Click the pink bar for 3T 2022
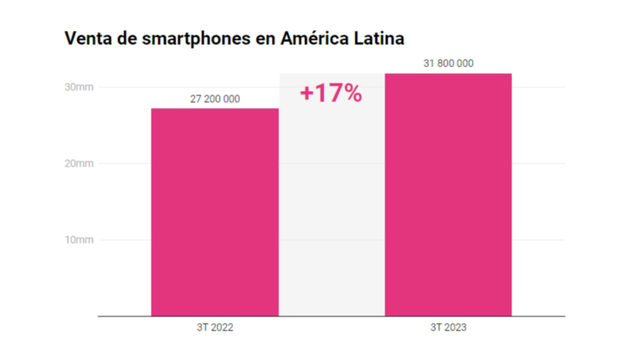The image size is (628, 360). pos(214,212)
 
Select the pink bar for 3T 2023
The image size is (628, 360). pos(448,194)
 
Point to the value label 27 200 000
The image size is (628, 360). pos(215,99)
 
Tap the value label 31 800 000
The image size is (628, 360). pos(449,64)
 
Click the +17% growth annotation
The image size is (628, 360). pos(331,93)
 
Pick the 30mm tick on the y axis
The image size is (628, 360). pos(80,87)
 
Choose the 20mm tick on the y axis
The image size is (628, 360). pos(80,163)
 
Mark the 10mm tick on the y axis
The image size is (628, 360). pos(80,240)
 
